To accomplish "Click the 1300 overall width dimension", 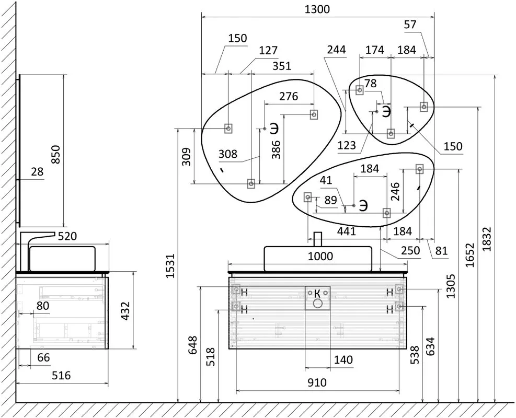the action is click(317, 9).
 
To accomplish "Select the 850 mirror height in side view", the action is click(55, 155).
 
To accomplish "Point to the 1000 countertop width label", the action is click(320, 256).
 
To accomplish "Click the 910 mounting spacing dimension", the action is click(317, 382).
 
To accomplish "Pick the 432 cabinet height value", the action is click(125, 311).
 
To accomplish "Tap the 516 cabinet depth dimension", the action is click(61, 375).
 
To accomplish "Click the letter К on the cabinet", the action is click(317, 293).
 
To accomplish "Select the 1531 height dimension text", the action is click(170, 266).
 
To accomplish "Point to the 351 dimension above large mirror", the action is click(282, 66).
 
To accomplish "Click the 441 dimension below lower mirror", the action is click(347, 231).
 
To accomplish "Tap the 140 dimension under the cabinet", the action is click(343, 360).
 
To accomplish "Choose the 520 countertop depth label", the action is click(67, 236).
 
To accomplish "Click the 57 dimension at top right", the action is click(410, 25).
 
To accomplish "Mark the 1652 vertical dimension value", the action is click(470, 255).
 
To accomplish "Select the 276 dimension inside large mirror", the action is click(289, 96).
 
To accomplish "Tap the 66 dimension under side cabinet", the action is click(43, 357).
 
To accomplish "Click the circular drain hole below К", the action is click(317, 303).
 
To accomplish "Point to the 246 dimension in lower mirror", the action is click(395, 191).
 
